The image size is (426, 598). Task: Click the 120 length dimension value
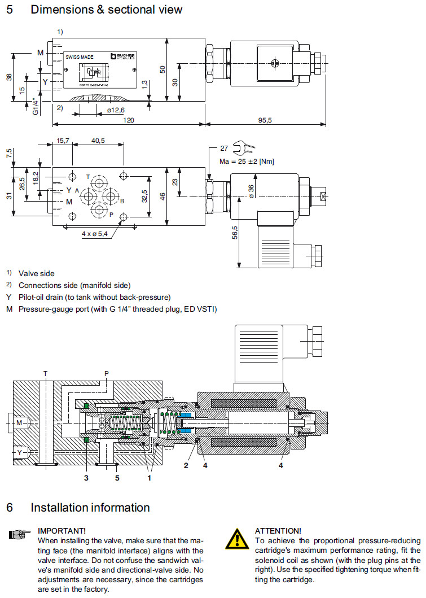point(129,120)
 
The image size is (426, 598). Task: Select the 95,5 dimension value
point(265,120)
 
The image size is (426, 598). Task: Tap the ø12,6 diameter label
point(116,110)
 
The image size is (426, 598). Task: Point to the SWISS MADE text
point(80,56)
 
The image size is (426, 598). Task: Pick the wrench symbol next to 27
point(247,149)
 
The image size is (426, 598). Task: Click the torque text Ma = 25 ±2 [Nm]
point(247,161)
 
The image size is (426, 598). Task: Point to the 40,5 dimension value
point(98,141)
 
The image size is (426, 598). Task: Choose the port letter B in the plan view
point(122,201)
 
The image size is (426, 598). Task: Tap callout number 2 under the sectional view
point(186,466)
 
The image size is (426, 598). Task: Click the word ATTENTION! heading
point(278,531)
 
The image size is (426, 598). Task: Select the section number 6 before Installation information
point(10,508)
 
